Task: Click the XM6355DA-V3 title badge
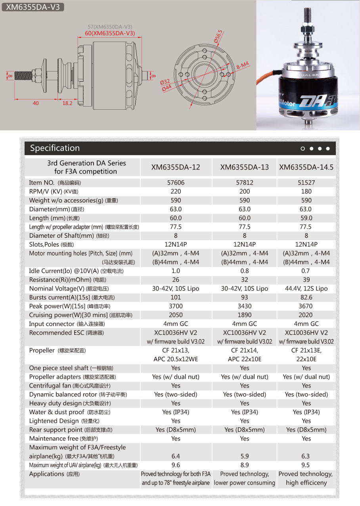(x=33, y=7)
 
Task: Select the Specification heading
(x=55, y=148)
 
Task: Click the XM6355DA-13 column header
(x=245, y=167)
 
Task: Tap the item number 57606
(x=176, y=183)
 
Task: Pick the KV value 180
(x=306, y=191)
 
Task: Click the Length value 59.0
(x=306, y=218)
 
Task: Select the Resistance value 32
(x=245, y=280)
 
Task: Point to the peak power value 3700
(x=176, y=306)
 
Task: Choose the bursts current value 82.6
(x=306, y=297)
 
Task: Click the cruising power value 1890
(x=245, y=315)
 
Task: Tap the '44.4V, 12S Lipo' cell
(x=306, y=288)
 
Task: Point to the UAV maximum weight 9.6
(x=176, y=465)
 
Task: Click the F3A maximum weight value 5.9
(x=245, y=456)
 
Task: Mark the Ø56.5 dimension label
(x=218, y=36)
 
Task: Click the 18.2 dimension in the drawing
(x=67, y=103)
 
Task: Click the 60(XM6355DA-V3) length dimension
(x=110, y=33)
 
